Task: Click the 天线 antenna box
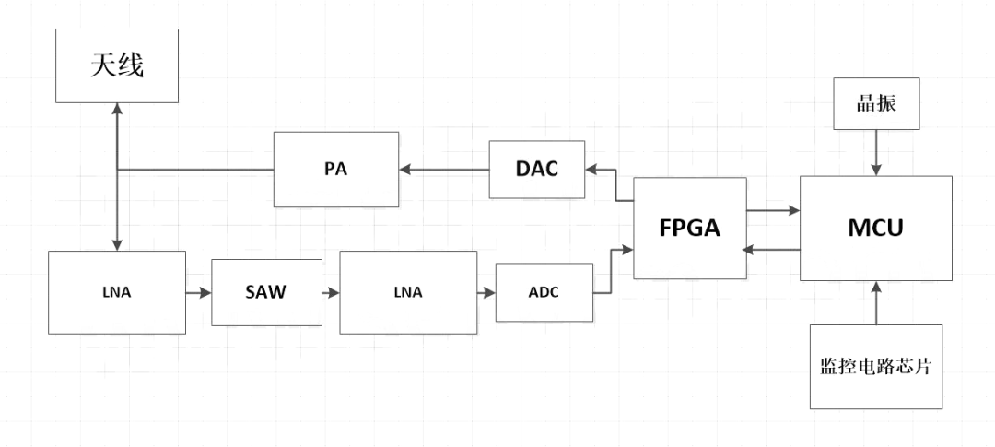[116, 65]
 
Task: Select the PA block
[336, 170]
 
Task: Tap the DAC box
[537, 169]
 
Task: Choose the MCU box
[875, 228]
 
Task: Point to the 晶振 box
[876, 104]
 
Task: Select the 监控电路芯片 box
[876, 366]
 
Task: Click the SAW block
[267, 292]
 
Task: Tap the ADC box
[544, 292]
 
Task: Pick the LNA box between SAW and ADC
[407, 292]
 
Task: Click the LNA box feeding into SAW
[117, 292]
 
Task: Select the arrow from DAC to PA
[444, 170]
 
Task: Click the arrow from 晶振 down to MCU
[876, 152]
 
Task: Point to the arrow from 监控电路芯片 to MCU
[876, 303]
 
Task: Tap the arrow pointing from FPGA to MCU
[773, 211]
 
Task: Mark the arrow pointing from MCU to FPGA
[773, 249]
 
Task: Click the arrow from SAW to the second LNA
[331, 292]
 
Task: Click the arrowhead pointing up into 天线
[117, 109]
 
